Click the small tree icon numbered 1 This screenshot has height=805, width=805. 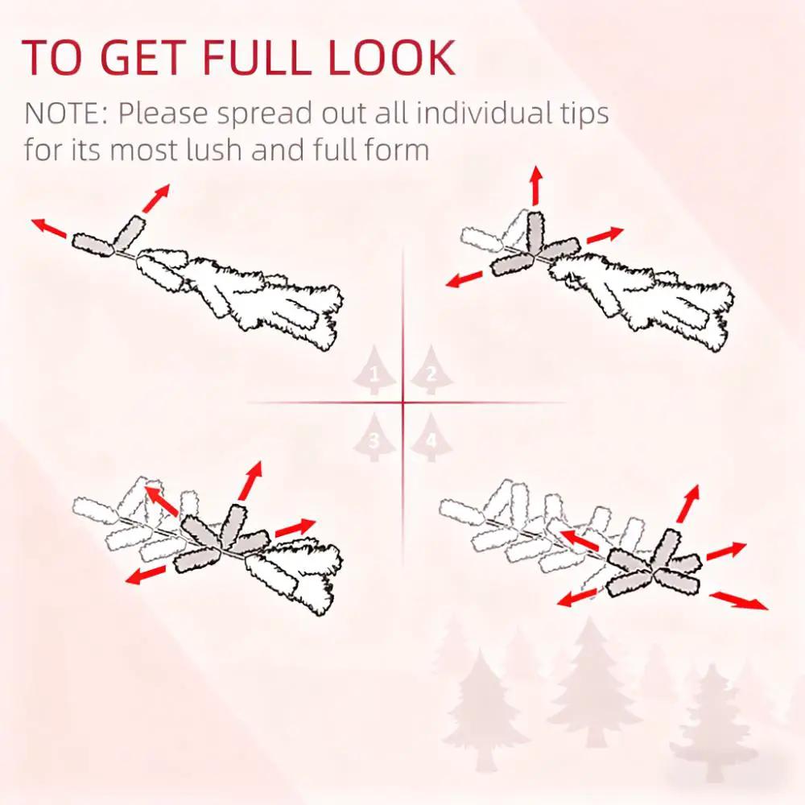(x=374, y=370)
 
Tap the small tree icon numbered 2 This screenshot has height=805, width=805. (x=431, y=370)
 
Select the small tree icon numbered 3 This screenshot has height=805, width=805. (x=374, y=437)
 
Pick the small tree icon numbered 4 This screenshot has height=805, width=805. (x=431, y=437)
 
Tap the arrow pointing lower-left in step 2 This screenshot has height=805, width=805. (x=464, y=279)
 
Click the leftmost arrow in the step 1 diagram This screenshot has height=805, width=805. (x=49, y=228)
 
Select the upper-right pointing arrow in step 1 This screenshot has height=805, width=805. (x=156, y=198)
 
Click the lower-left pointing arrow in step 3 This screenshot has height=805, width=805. (x=146, y=575)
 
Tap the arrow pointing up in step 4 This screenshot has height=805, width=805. (x=688, y=504)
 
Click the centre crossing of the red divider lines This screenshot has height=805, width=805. (x=402, y=402)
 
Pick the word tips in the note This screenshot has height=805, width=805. (x=584, y=114)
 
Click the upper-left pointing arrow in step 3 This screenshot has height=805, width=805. (x=162, y=500)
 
